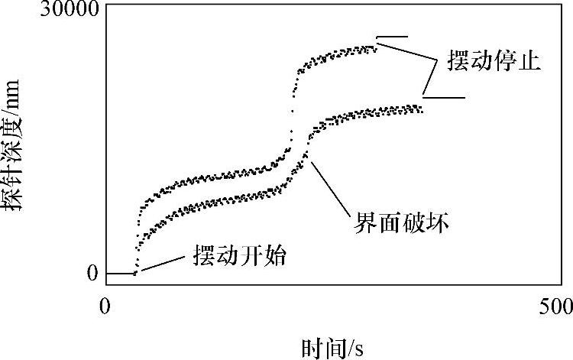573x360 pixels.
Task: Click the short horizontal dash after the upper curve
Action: [393, 37]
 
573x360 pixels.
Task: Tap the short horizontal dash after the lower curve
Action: [444, 98]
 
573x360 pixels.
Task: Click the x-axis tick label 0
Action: [106, 307]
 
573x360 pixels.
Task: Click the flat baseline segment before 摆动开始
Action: [121, 273]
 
